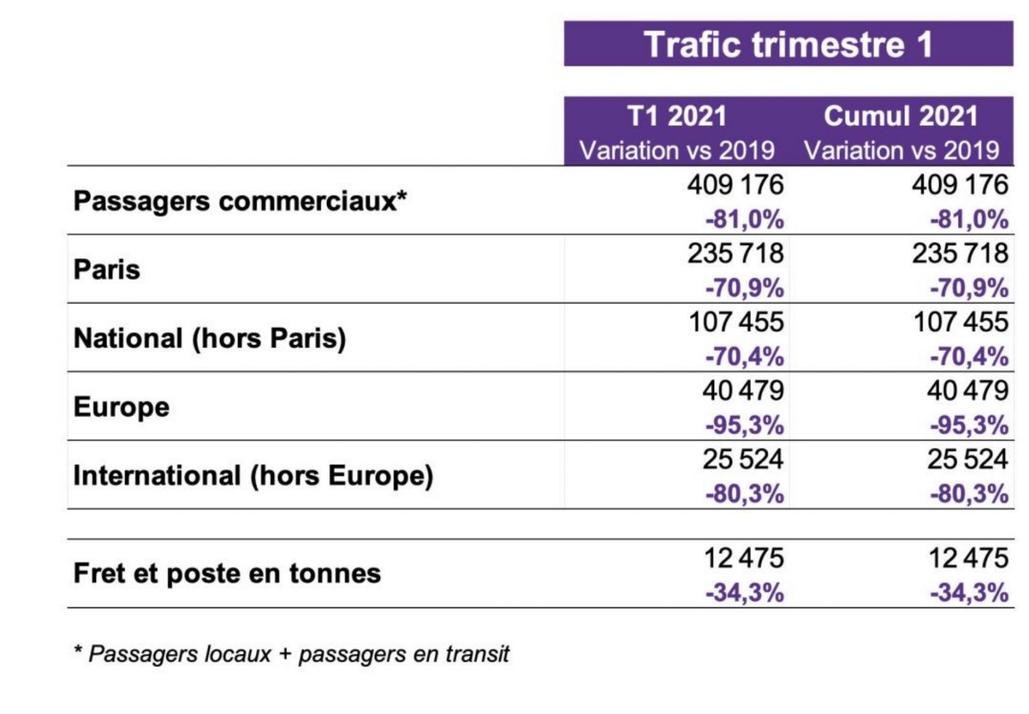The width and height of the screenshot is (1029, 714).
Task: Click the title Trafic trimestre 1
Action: pos(788,44)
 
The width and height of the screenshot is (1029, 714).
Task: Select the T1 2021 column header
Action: pos(677,117)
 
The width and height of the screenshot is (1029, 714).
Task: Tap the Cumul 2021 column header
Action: pos(901,117)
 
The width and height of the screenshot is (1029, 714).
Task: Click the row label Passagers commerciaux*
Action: pos(241,201)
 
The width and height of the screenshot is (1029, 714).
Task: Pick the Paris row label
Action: pos(107,270)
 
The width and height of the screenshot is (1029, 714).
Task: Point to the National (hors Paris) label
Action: pos(210,338)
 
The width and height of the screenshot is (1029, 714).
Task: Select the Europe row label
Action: pos(121,407)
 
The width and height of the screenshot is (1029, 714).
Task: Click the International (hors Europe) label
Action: pos(253,476)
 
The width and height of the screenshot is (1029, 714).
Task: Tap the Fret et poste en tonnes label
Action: pos(227,573)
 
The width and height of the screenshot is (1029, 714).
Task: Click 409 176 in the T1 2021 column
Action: pos(735,185)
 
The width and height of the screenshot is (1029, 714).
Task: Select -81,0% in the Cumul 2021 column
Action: pos(969,220)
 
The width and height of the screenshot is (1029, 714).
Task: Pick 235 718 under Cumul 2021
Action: pos(960,254)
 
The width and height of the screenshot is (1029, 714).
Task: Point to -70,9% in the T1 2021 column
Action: pos(744,289)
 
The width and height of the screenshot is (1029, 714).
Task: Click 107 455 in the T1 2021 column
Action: pos(736,322)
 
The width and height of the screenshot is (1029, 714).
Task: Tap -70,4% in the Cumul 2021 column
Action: pos(969,357)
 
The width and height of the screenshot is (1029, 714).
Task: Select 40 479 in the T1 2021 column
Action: pos(743,390)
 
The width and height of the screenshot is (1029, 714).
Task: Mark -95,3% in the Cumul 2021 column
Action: pos(969,425)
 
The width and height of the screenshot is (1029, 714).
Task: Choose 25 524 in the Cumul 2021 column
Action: pos(967,459)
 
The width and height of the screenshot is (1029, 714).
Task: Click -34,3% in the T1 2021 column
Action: pos(744,593)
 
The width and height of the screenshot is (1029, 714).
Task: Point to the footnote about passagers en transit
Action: pos(292,654)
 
